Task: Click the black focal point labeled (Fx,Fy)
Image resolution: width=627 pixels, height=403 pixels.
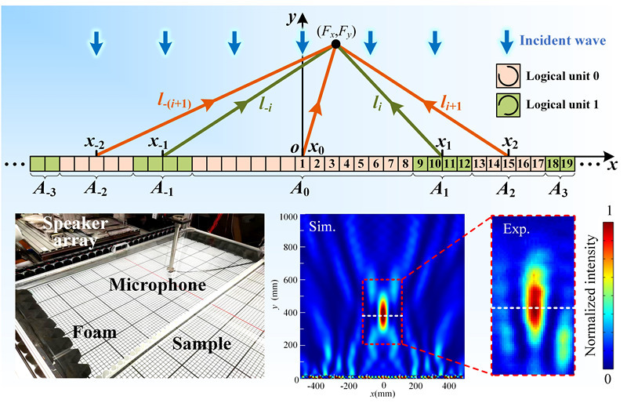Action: click(x=335, y=45)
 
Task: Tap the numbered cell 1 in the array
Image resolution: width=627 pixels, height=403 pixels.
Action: click(x=302, y=164)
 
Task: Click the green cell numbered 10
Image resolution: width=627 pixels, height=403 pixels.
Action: click(x=434, y=164)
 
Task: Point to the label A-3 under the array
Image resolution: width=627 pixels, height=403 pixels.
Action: click(x=44, y=191)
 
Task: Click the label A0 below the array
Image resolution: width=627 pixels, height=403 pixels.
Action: click(x=301, y=191)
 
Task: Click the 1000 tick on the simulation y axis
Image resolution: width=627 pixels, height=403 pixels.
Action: click(x=291, y=216)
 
